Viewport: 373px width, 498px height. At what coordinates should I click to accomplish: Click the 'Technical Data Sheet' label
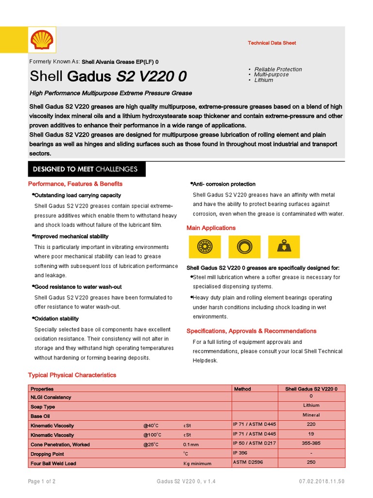271,43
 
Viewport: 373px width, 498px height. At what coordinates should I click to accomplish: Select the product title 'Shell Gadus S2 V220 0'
108,76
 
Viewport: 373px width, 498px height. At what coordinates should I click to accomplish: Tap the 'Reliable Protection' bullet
278,69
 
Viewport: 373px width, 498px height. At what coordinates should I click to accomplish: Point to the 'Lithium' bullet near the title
264,80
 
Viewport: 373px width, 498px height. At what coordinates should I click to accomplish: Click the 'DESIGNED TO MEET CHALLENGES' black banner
85,169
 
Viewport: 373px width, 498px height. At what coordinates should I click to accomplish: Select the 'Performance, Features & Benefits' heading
75,184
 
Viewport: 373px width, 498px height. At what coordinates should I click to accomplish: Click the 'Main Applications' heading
211,228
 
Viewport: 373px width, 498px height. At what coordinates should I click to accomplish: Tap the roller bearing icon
204,247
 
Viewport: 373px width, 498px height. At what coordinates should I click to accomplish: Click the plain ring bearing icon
243,247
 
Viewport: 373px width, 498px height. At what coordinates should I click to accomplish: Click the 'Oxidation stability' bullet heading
56,319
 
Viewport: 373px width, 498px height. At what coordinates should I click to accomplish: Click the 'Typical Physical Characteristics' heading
72,375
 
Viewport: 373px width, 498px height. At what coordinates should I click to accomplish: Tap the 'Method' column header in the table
242,389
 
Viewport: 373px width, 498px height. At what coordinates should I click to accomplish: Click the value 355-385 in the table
311,444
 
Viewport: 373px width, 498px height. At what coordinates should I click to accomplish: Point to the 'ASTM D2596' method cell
248,462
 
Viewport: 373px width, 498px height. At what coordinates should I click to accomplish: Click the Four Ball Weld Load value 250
311,462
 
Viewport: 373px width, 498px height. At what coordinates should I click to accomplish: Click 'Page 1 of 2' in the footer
41,481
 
